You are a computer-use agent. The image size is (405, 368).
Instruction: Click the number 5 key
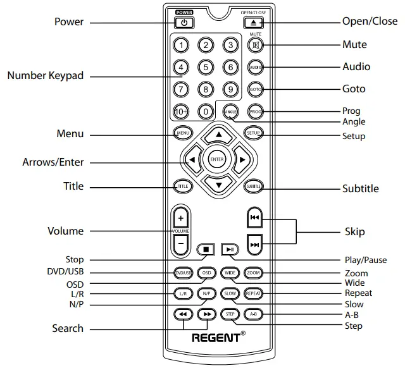pos(206,66)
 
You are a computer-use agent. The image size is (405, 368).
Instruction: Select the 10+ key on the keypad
pos(181,112)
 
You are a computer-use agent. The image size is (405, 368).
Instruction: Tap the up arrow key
pos(218,135)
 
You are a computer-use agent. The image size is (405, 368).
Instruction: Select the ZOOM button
pos(254,273)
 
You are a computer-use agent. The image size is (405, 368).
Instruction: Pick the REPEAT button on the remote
pos(254,293)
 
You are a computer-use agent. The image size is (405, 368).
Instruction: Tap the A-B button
pos(254,314)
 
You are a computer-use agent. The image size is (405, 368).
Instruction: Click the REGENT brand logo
pos(216,337)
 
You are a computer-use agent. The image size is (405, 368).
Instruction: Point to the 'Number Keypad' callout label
pos(45,76)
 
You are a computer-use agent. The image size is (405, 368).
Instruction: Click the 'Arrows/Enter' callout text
pos(53,163)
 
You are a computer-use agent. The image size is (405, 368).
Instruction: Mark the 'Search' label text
pos(68,328)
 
